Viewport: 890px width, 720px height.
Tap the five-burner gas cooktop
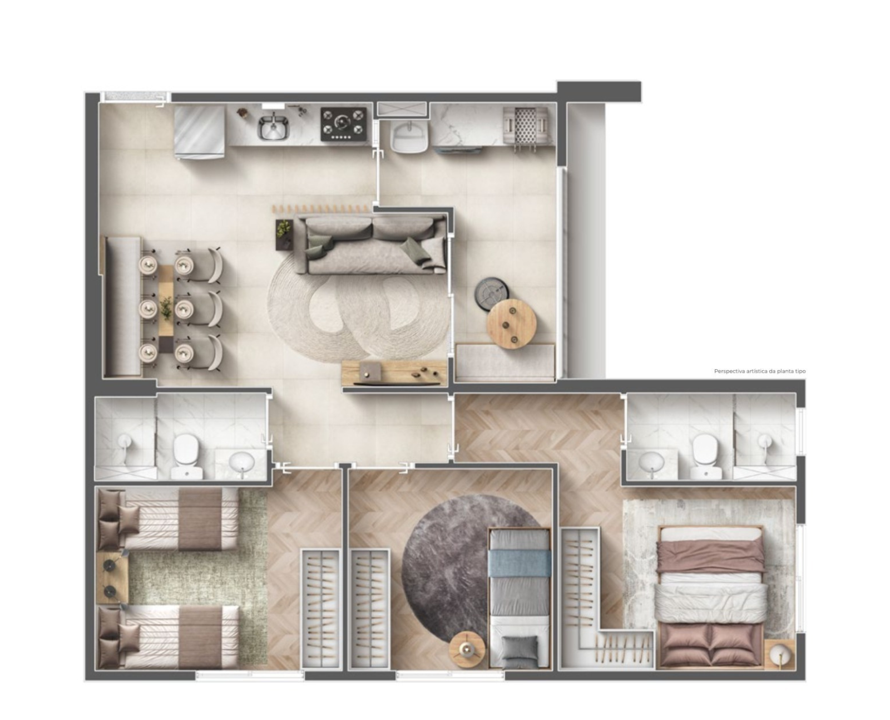coord(343,124)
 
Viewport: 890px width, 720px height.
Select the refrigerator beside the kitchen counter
coord(199,132)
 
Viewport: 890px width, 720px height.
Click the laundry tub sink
coord(409,136)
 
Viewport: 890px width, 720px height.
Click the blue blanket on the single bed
coord(519,565)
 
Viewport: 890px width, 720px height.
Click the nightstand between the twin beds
coord(112,578)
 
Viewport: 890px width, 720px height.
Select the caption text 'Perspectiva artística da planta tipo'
coord(759,371)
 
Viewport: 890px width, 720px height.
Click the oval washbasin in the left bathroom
coord(241,463)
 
